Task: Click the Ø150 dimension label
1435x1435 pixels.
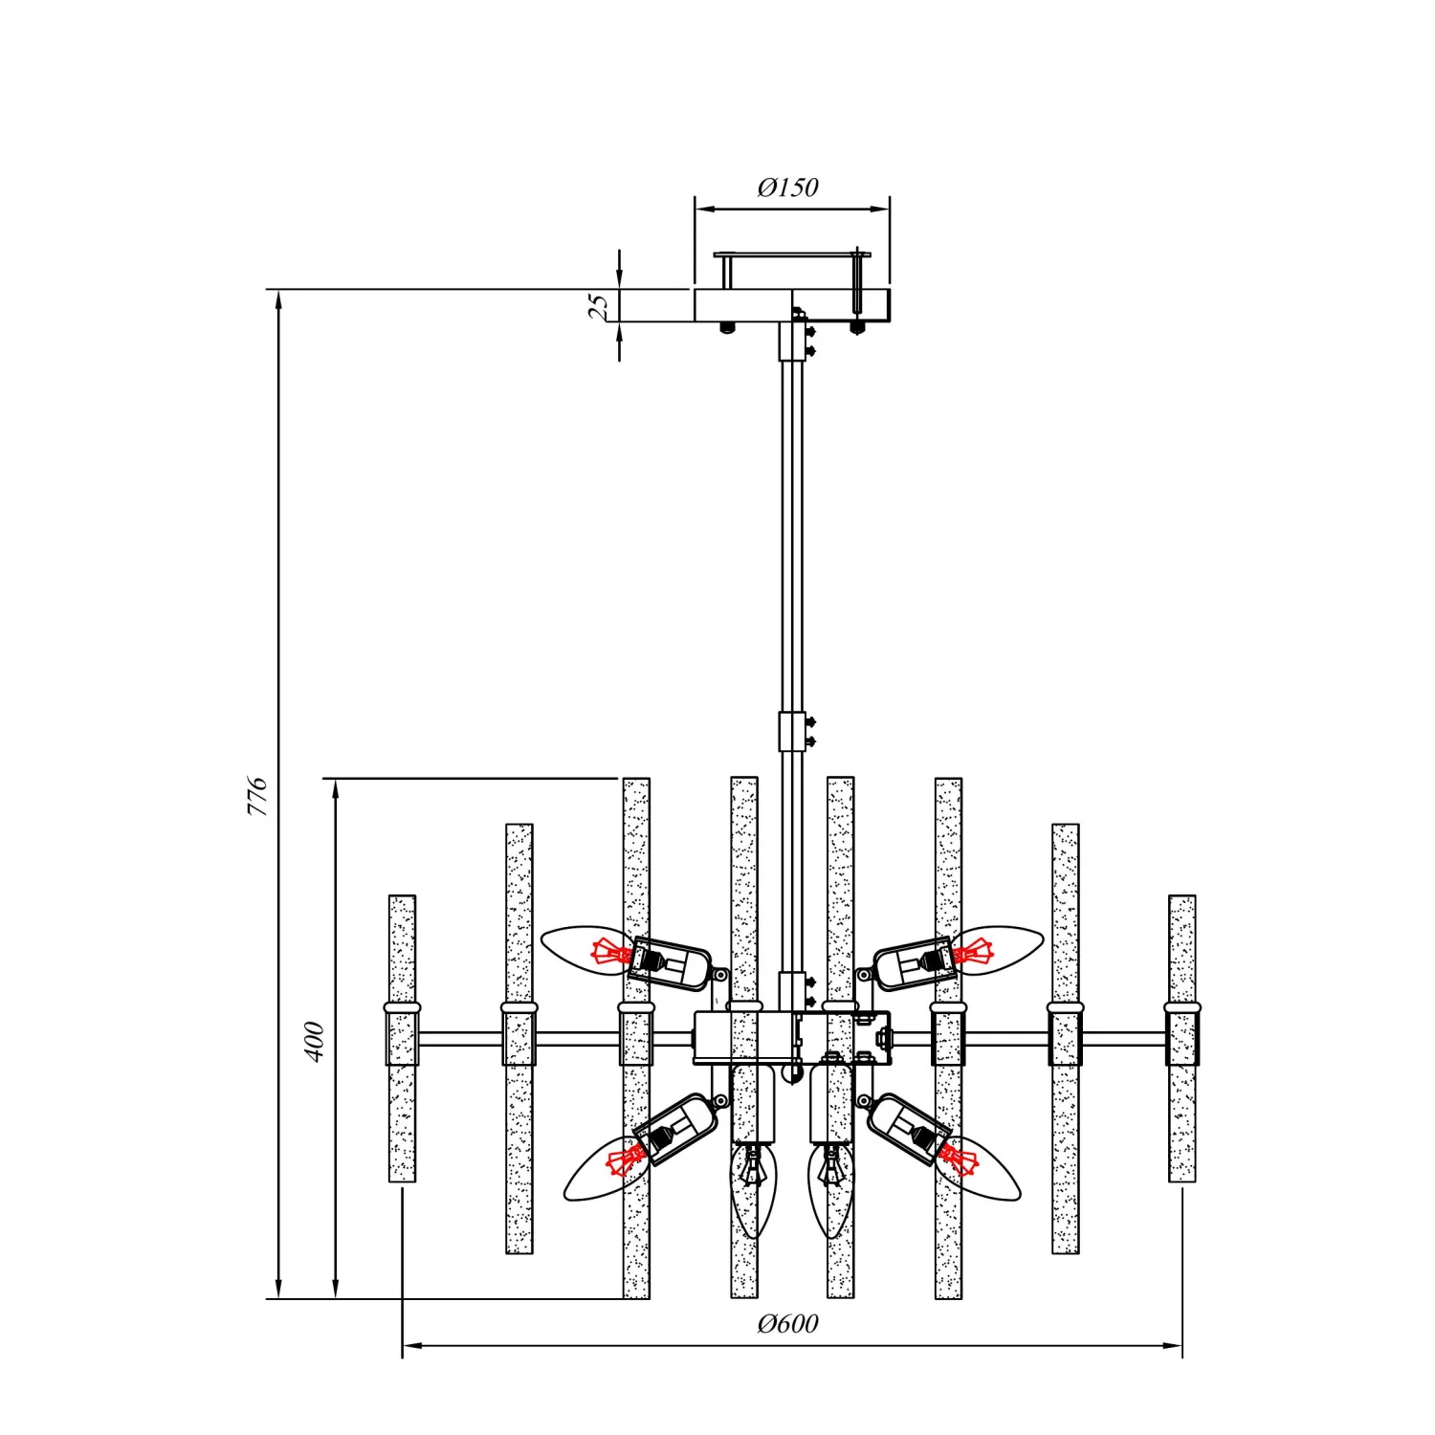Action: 787,187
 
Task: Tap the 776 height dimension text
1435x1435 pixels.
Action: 257,796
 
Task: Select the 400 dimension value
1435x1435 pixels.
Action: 314,1041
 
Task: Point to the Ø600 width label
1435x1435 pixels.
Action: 787,1323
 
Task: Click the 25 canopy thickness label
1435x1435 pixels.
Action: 598,305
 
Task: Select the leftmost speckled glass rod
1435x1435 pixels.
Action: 403,1038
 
